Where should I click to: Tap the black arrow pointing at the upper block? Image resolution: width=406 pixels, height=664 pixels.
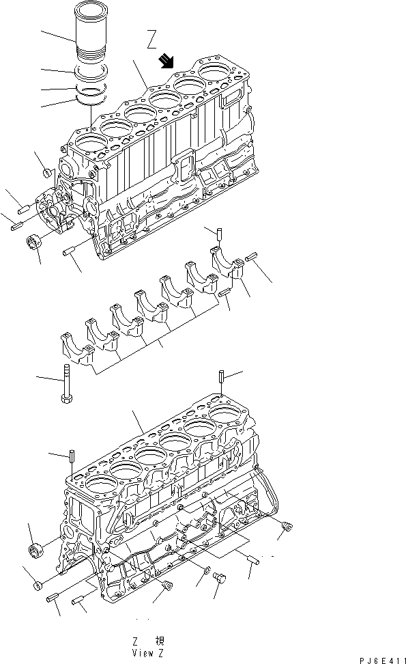166,63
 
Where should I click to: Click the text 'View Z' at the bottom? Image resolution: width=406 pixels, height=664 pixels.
149,652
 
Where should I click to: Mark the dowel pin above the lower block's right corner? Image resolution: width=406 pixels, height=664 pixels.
222,376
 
